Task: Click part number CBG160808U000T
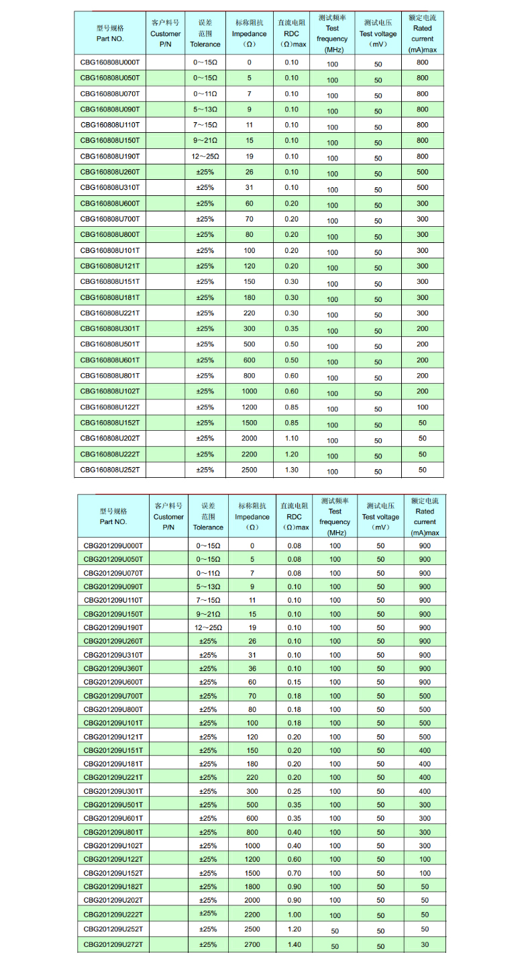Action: click(x=110, y=62)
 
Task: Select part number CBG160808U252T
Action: click(x=110, y=470)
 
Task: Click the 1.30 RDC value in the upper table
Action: click(x=291, y=470)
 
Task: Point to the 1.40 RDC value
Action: click(x=294, y=945)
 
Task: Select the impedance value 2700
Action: click(x=252, y=945)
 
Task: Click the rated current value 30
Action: click(x=425, y=945)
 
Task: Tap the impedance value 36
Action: click(x=252, y=668)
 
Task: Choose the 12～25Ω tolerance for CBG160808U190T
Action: click(x=205, y=156)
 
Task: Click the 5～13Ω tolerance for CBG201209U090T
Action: click(x=208, y=587)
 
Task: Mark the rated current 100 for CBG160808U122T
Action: click(x=423, y=407)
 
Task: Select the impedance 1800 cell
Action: click(x=252, y=886)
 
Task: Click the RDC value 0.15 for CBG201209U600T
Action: click(x=294, y=682)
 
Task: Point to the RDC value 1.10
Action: click(x=291, y=438)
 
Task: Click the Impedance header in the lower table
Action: click(x=252, y=517)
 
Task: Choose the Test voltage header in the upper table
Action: click(x=378, y=34)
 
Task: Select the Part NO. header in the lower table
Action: click(x=113, y=516)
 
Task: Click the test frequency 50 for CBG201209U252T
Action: click(x=335, y=931)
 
